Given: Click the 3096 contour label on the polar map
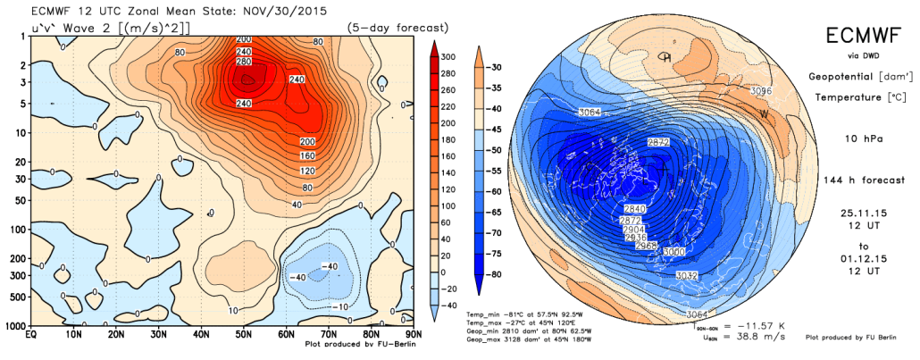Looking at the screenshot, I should pyautogui.click(x=761, y=90).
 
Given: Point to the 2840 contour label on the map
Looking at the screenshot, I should pyautogui.click(x=631, y=207).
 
